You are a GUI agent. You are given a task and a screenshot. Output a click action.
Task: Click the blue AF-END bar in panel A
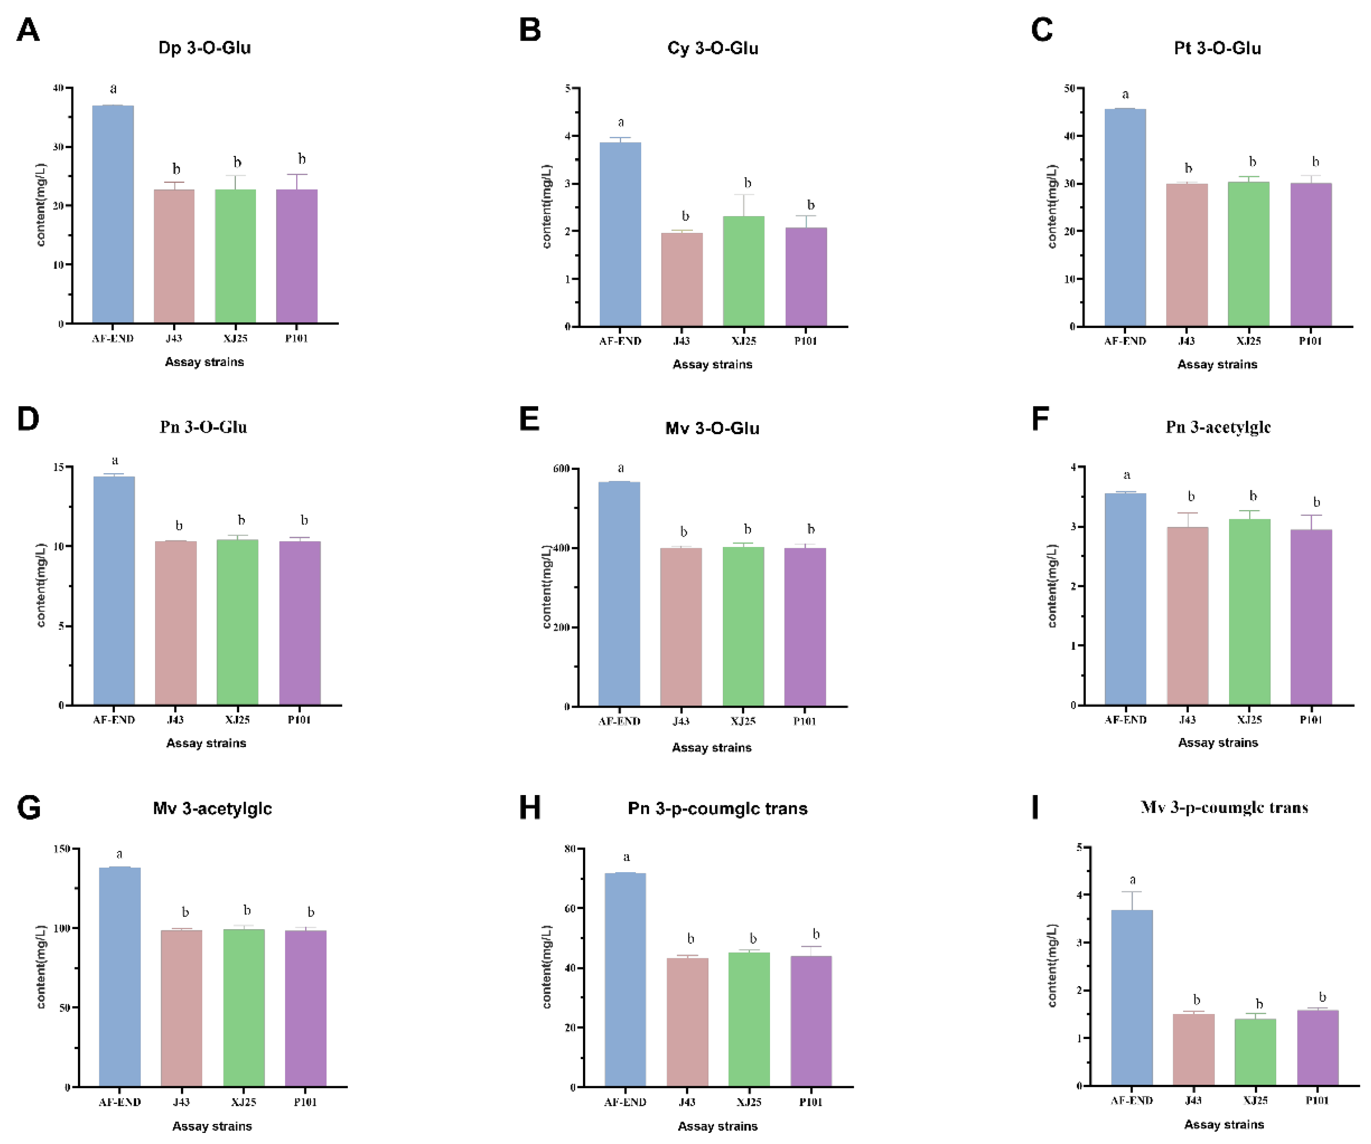click(x=113, y=215)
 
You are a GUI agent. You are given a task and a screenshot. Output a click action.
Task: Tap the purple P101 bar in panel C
click(x=1311, y=255)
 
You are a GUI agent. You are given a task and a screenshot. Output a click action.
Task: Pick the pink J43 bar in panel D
click(x=176, y=623)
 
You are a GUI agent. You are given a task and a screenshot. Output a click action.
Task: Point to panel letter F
click(x=1040, y=419)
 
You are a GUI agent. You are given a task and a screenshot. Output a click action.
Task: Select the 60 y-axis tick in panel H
click(x=570, y=908)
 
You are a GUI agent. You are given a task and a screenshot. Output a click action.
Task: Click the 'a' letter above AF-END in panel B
click(x=621, y=122)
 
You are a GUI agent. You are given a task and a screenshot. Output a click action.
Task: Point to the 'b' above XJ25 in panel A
click(x=238, y=162)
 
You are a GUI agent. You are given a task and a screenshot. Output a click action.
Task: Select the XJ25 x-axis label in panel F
click(x=1249, y=720)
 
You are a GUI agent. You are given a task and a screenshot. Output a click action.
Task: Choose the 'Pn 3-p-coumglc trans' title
click(x=717, y=809)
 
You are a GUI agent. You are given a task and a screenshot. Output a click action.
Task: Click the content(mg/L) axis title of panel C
click(x=1052, y=206)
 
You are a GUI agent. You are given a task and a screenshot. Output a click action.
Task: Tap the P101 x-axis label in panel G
click(x=305, y=1102)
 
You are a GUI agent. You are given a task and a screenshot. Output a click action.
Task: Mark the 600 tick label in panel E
click(x=562, y=469)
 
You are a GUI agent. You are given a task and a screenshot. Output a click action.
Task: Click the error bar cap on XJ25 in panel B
click(x=744, y=194)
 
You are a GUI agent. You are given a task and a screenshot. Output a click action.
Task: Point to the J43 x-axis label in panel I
click(x=1193, y=1100)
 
